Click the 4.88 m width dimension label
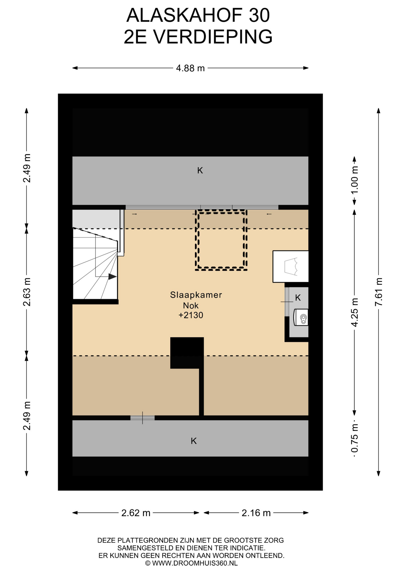190,68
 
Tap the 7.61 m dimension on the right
379,292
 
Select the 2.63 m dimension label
27,292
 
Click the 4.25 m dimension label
355,312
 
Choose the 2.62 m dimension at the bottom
136,513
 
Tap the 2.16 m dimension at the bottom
256,513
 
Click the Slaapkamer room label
196,295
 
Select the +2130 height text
191,315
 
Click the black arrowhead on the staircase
112,277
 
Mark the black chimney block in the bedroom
187,353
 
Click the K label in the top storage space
200,170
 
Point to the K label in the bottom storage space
194,441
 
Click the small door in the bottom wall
143,418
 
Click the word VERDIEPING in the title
213,37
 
